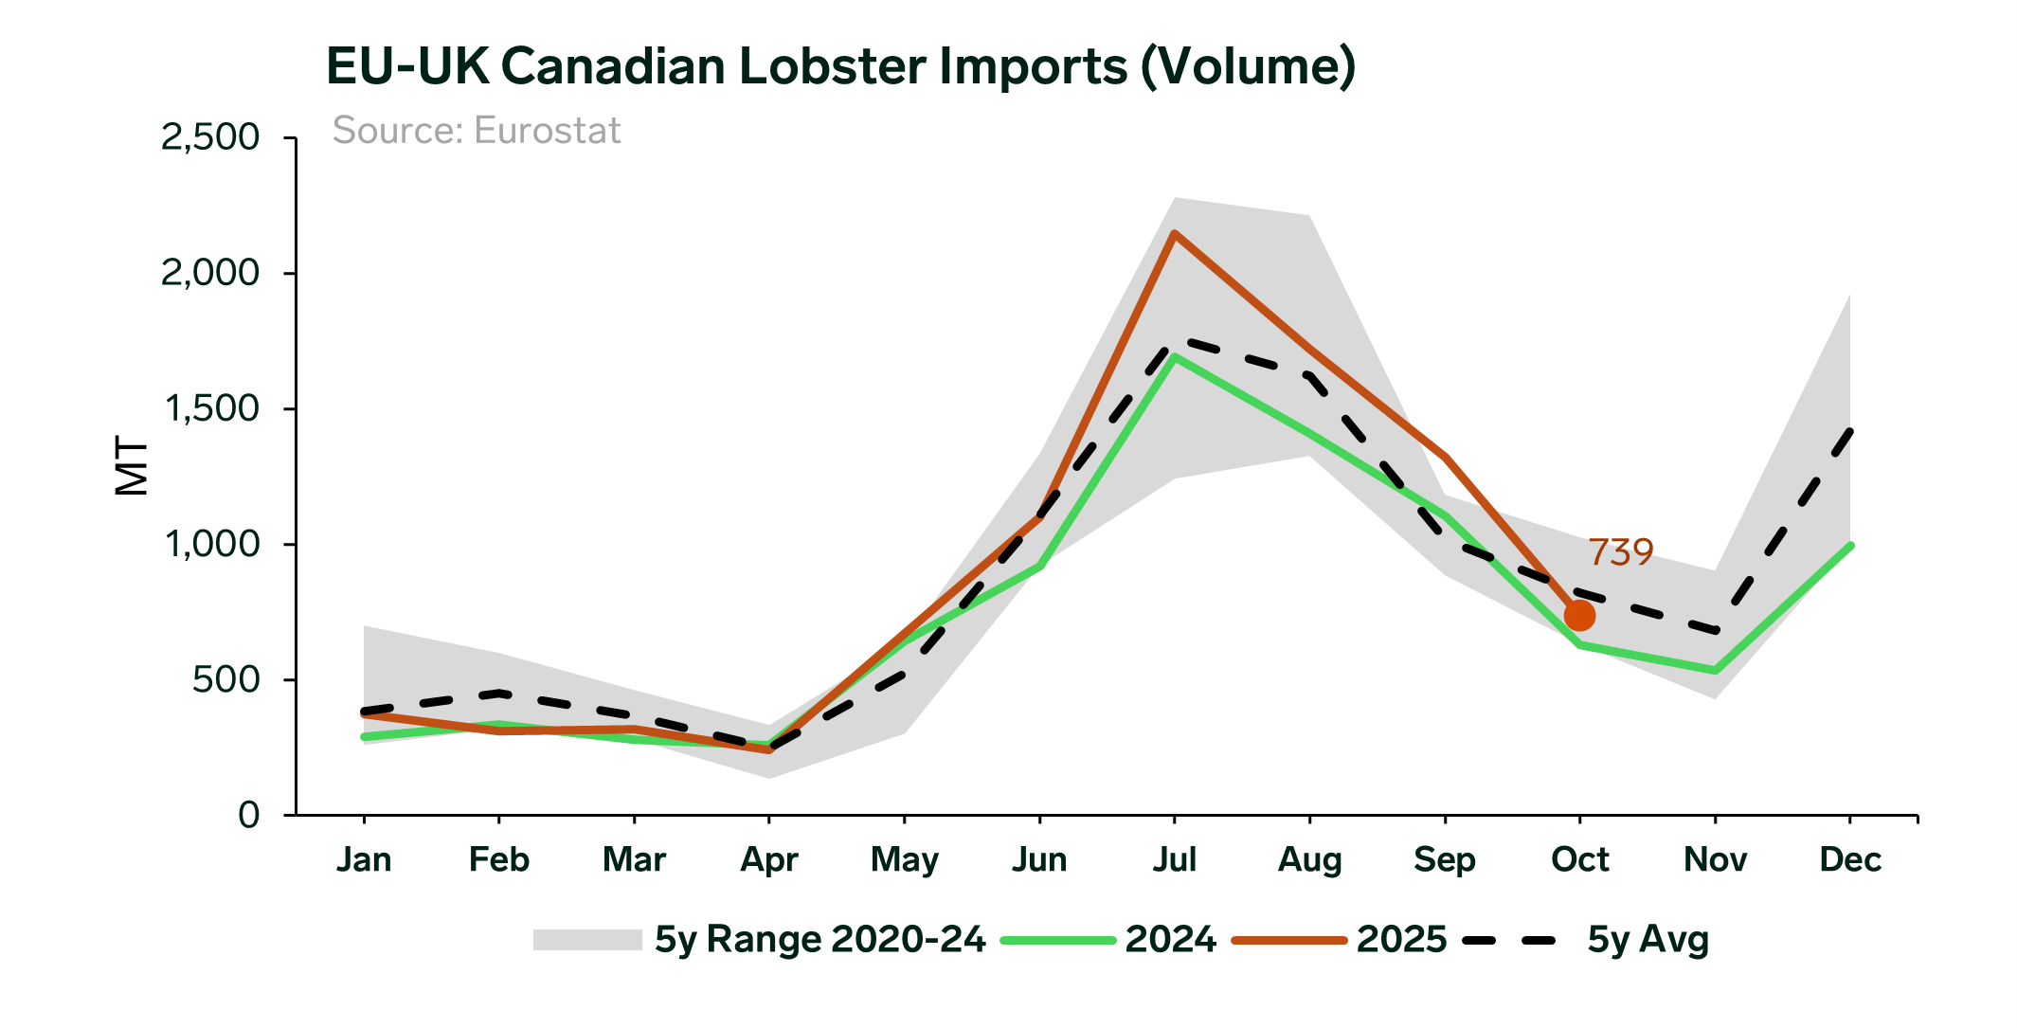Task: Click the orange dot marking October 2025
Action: point(1579,615)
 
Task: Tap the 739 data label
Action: point(1620,551)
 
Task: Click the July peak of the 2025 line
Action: point(1175,234)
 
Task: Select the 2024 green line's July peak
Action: point(1175,357)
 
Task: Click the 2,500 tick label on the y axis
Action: point(209,137)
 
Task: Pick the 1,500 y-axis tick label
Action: point(211,408)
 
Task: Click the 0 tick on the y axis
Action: point(248,815)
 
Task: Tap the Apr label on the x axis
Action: point(768,859)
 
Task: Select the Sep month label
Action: point(1444,859)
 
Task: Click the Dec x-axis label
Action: point(1849,859)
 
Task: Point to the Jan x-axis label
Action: point(364,859)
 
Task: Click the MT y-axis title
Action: point(132,465)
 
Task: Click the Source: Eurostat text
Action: point(477,131)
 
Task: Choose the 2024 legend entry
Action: point(1170,939)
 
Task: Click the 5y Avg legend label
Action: point(1648,939)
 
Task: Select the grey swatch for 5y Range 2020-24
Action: point(587,939)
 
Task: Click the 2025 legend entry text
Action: point(1401,939)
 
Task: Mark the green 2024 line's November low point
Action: point(1715,671)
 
